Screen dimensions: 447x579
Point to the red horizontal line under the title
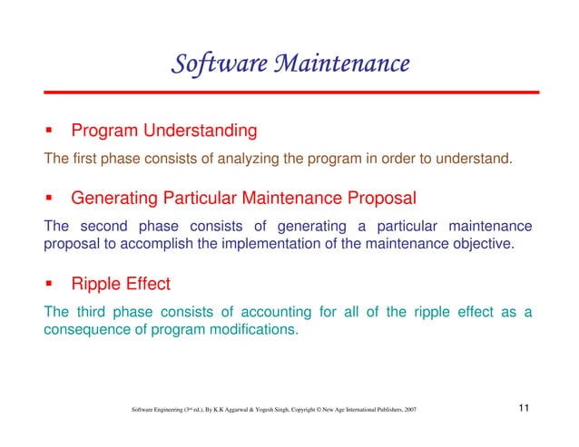pos(290,92)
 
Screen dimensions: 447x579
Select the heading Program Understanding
pos(163,131)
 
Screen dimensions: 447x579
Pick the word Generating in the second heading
pos(114,197)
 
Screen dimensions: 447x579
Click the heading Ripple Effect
pos(120,284)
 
